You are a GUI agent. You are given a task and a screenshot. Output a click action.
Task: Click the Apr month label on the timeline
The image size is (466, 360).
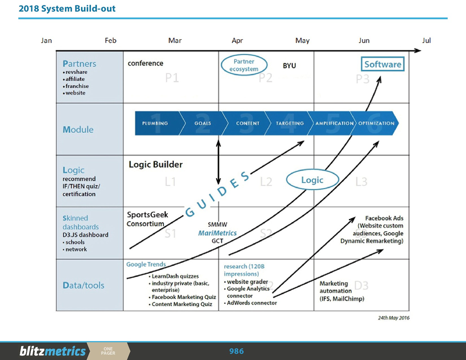pyautogui.click(x=237, y=41)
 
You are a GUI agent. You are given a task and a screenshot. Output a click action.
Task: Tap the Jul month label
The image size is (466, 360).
pyautogui.click(x=426, y=41)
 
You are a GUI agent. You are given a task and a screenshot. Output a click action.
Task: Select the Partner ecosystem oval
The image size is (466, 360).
pyautogui.click(x=244, y=65)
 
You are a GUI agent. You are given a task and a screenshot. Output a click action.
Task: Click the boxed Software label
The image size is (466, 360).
pyautogui.click(x=383, y=64)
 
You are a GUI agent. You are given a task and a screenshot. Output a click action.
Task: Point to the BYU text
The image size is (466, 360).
pyautogui.click(x=289, y=66)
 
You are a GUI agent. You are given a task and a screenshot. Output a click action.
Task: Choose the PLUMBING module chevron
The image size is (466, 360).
pyautogui.click(x=155, y=123)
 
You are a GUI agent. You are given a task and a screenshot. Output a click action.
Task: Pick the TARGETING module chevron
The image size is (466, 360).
pyautogui.click(x=289, y=123)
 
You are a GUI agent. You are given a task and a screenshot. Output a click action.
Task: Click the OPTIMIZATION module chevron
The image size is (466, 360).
pyautogui.click(x=376, y=123)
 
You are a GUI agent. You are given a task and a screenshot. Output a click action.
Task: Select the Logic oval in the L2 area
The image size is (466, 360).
pyautogui.click(x=312, y=180)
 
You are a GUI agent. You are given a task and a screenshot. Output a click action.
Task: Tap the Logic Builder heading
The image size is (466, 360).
pyautogui.click(x=155, y=165)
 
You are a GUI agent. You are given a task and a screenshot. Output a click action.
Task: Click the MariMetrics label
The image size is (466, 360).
pyautogui.click(x=217, y=233)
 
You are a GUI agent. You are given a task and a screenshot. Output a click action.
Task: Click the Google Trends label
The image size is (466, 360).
pyautogui.click(x=146, y=264)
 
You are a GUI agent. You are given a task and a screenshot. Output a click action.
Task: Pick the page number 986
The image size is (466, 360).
pyautogui.click(x=237, y=351)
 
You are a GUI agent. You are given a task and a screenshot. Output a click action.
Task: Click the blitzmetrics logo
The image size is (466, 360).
pyautogui.click(x=53, y=351)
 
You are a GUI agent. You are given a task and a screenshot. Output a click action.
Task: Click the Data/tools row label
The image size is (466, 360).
pyautogui.click(x=83, y=285)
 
